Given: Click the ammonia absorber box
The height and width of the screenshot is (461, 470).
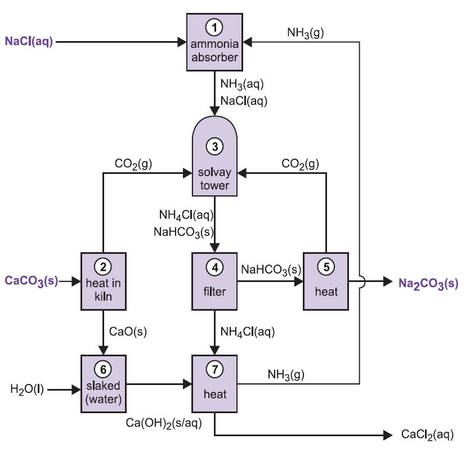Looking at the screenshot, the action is pyautogui.click(x=214, y=42).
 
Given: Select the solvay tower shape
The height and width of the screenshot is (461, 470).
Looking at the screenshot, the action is pyautogui.click(x=214, y=156).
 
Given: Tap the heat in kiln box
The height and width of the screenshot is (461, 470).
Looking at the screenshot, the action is pyautogui.click(x=104, y=281).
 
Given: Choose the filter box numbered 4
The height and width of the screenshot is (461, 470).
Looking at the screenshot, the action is pyautogui.click(x=214, y=281).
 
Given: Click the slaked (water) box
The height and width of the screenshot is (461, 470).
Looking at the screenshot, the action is pyautogui.click(x=104, y=384).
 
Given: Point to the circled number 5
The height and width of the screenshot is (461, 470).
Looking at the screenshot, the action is pyautogui.click(x=326, y=267).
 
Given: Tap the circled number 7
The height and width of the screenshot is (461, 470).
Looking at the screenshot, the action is pyautogui.click(x=215, y=369).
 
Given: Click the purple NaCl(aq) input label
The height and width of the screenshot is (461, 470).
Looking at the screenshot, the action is pyautogui.click(x=29, y=41).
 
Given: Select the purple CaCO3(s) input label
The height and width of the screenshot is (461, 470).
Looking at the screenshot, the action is pyautogui.click(x=32, y=281).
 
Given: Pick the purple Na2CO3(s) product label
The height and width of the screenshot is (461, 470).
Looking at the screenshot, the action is pyautogui.click(x=428, y=283).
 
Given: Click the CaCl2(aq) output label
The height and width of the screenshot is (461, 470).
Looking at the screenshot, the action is pyautogui.click(x=427, y=435).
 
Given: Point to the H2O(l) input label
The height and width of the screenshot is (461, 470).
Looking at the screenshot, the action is pyautogui.click(x=27, y=389).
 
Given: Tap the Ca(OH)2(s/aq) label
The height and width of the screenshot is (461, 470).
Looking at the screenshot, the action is pyautogui.click(x=164, y=423).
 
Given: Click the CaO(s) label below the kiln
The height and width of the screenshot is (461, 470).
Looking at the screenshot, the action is pyautogui.click(x=128, y=332).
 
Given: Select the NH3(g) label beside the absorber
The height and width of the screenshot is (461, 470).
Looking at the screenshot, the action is pyautogui.click(x=306, y=33).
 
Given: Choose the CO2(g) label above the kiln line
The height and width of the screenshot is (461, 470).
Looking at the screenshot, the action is pyautogui.click(x=133, y=164).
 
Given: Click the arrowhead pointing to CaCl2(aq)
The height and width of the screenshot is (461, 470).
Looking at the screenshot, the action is pyautogui.click(x=388, y=435).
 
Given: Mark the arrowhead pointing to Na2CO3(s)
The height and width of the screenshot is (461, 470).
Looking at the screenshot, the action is pyautogui.click(x=388, y=281).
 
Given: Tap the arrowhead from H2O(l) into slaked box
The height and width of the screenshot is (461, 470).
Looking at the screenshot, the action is pyautogui.click(x=77, y=390).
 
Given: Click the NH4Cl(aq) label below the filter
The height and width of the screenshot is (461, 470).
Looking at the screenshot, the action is pyautogui.click(x=248, y=332).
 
